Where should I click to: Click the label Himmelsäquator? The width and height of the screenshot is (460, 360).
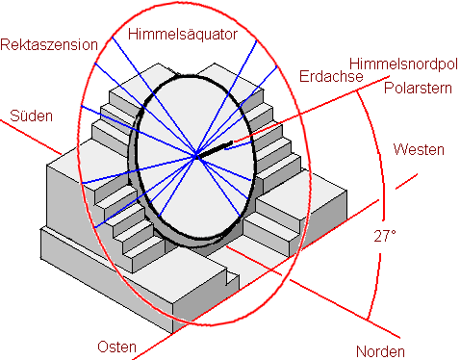click(x=183, y=35)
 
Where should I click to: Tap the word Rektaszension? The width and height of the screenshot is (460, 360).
click(x=49, y=44)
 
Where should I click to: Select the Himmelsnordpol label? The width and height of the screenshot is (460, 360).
click(x=403, y=64)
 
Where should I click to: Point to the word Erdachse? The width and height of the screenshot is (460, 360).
click(x=331, y=76)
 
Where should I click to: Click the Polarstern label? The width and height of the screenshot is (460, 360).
click(x=418, y=88)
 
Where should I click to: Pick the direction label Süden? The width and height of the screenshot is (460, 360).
click(x=31, y=116)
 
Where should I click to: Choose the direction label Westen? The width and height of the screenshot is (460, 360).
click(x=419, y=149)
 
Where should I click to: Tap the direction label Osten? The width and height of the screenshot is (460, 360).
click(x=116, y=347)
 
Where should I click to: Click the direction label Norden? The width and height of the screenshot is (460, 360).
click(x=380, y=351)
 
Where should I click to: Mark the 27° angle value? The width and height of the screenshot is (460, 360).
click(x=385, y=236)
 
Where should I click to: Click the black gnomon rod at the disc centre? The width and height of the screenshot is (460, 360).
click(x=214, y=149)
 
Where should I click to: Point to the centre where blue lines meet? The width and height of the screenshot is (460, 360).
click(x=195, y=157)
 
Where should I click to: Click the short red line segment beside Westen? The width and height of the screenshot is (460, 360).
click(x=406, y=181)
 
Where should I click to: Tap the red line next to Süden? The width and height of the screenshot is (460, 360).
click(x=31, y=137)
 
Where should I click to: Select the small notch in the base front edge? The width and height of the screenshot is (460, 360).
click(x=232, y=278)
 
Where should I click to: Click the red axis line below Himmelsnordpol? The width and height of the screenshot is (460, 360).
click(x=312, y=109)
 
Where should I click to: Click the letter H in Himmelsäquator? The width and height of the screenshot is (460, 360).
click(x=133, y=34)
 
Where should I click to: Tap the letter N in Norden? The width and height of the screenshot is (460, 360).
click(x=361, y=351)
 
